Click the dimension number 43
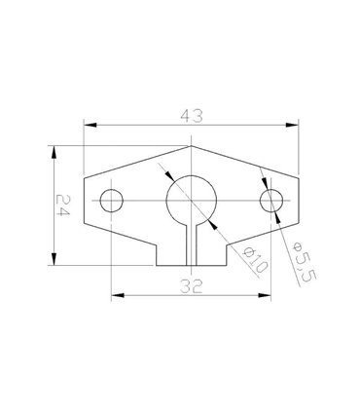191,114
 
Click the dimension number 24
62,206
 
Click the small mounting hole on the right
271,202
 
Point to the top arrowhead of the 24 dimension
52,153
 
